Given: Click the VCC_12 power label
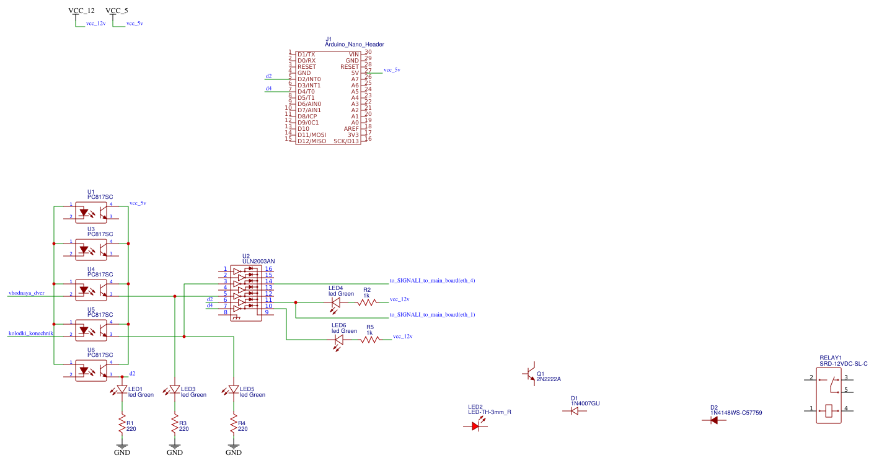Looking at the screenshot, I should [x=81, y=11].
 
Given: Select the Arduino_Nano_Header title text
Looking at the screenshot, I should [x=355, y=45].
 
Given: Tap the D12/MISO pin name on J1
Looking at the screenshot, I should [x=312, y=141].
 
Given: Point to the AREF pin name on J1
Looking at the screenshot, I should [x=351, y=129].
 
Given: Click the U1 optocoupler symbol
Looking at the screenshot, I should [x=91, y=212].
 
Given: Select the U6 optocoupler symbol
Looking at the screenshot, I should [x=91, y=370].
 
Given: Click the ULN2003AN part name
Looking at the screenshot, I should [x=258, y=262].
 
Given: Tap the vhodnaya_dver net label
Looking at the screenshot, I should [x=27, y=293].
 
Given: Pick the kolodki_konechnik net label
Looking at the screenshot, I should [x=31, y=333].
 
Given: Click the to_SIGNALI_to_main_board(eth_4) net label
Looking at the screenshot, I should [x=432, y=281].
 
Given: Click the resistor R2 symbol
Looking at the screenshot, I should [x=367, y=302].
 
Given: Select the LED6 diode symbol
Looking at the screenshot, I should [x=338, y=340].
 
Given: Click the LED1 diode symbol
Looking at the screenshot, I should [x=122, y=390].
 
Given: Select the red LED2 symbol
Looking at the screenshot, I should [x=476, y=426].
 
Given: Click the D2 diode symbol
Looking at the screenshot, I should [x=714, y=420].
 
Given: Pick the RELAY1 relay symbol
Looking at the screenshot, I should [x=829, y=394].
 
